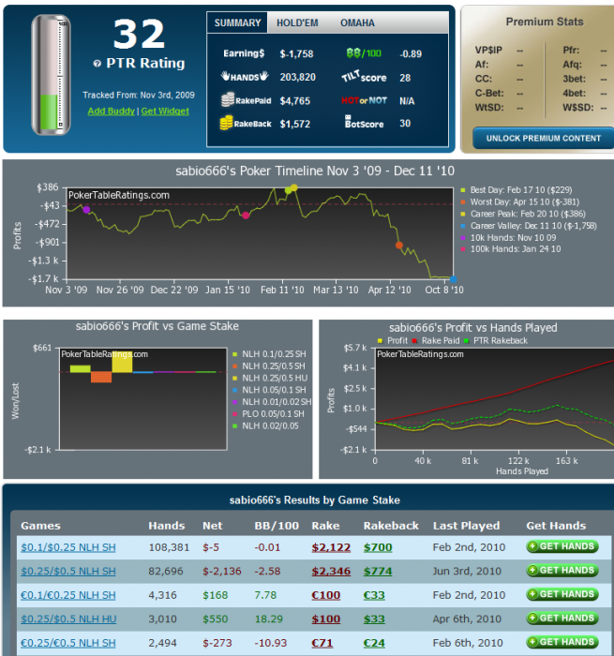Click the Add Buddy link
[110, 111]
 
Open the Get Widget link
[164, 111]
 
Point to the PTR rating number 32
[139, 35]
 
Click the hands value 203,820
[297, 77]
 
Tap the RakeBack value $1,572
[296, 123]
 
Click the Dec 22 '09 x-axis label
[174, 291]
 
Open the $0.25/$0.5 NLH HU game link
[67, 619]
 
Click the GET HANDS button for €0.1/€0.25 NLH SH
[562, 594]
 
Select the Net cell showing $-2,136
[166, 570]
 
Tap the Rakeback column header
[390, 526]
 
